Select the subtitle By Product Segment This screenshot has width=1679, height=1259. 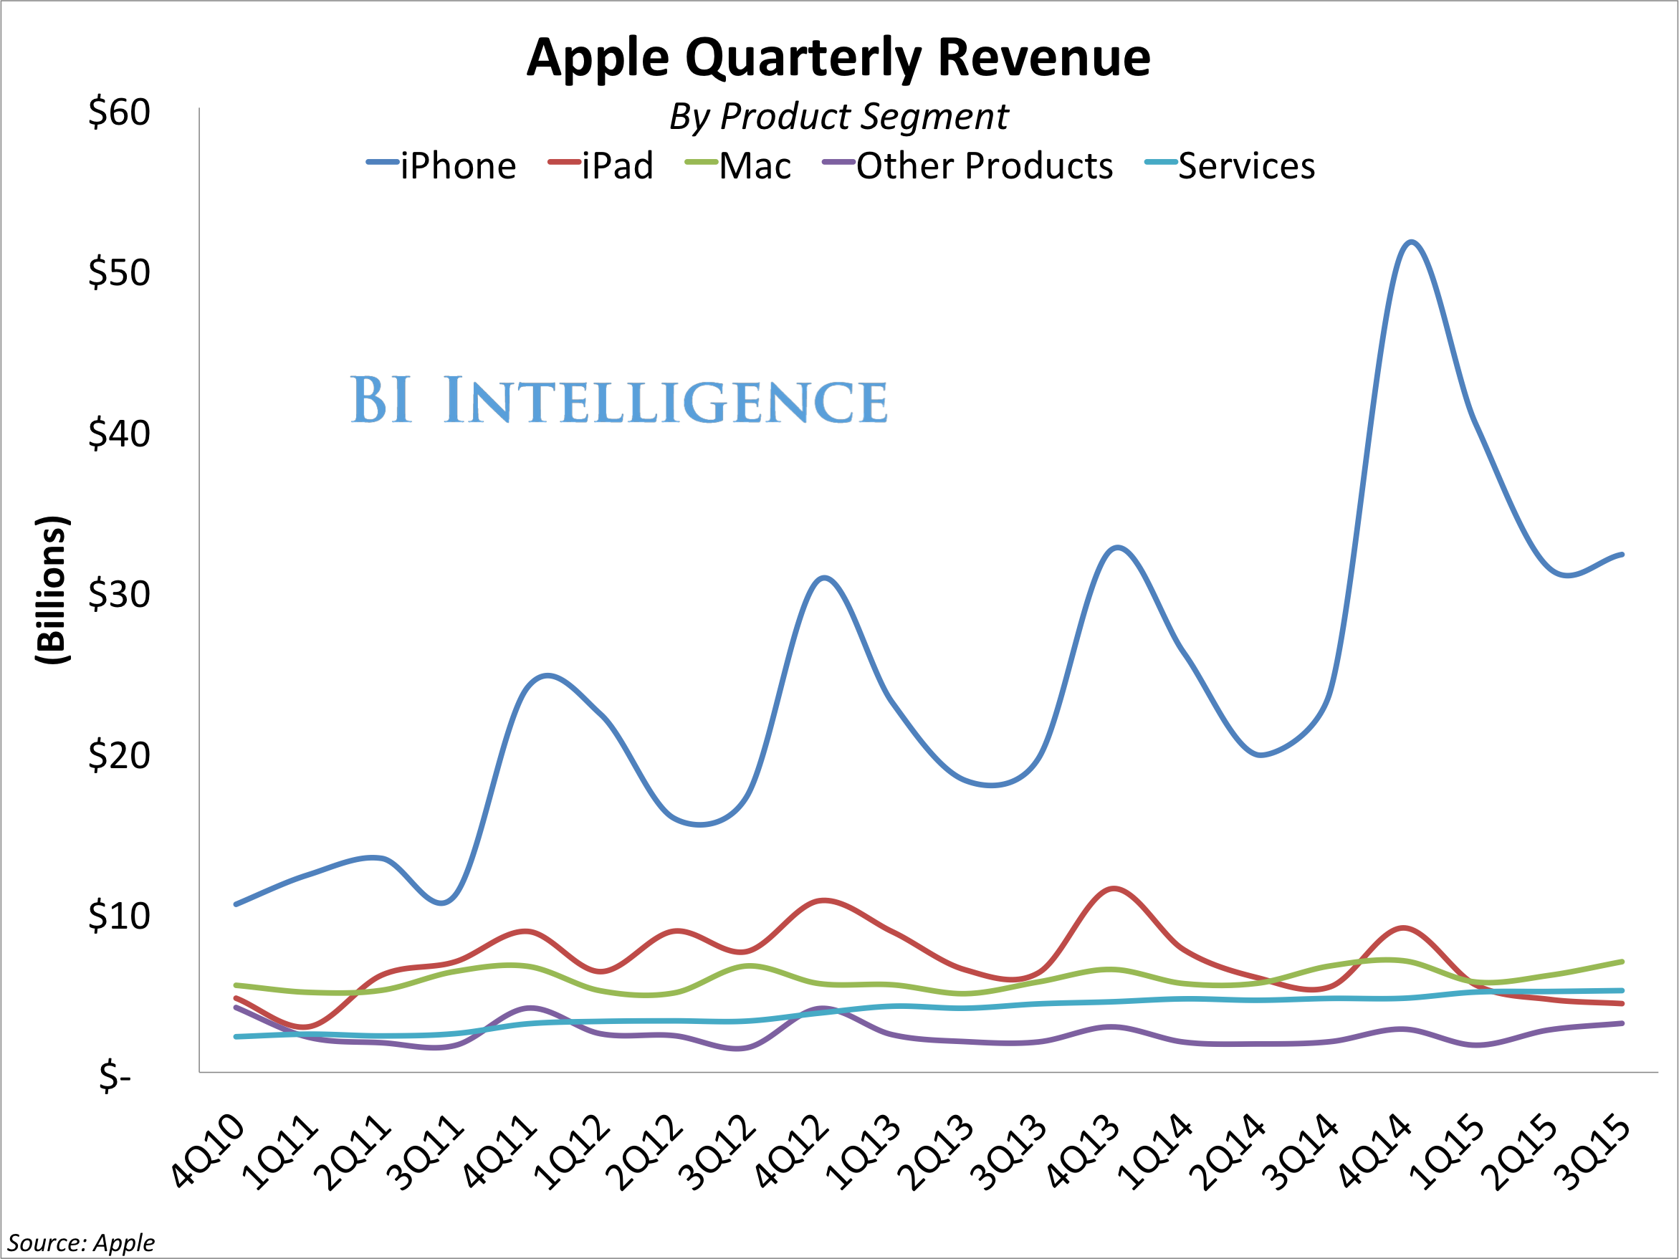click(x=838, y=117)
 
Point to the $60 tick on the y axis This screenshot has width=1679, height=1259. click(x=119, y=113)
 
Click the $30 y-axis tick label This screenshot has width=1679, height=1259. click(x=119, y=594)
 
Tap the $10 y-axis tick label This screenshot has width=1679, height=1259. click(x=119, y=916)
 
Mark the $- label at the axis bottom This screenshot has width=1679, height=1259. click(x=115, y=1076)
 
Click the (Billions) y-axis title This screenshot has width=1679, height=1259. click(x=52, y=590)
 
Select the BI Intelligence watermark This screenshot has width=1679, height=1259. click(x=618, y=400)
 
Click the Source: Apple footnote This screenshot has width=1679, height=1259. click(x=80, y=1243)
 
